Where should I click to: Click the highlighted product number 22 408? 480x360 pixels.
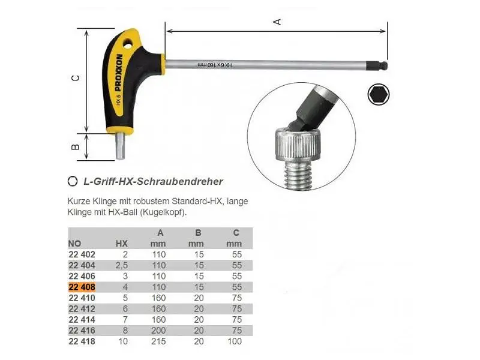(82, 287)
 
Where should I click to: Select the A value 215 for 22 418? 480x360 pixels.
(158, 341)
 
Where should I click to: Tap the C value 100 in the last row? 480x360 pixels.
(235, 341)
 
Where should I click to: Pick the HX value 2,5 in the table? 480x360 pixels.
(122, 265)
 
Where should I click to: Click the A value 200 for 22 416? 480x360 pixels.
(158, 331)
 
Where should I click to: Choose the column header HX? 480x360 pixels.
(122, 244)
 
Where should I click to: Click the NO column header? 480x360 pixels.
(74, 244)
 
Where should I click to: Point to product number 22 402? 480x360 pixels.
(82, 254)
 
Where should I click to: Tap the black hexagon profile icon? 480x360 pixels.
(379, 94)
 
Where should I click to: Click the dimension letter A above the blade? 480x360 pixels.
(277, 22)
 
